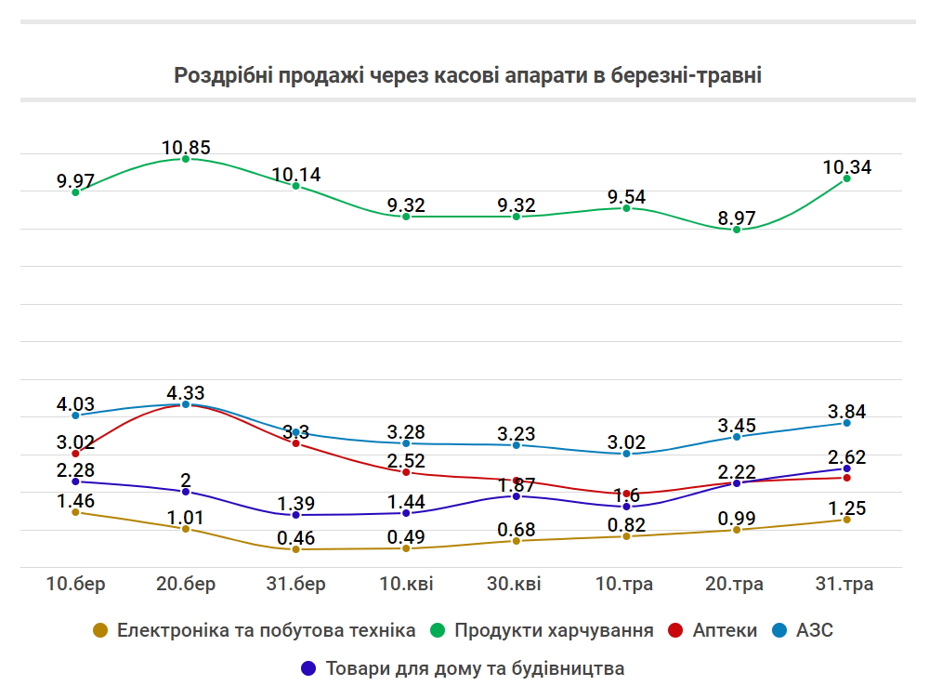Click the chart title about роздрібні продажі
pos(467,75)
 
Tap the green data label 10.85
pos(186,146)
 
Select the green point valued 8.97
pos(737,230)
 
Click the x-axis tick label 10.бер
pos(75,584)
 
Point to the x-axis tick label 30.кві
pos(516,584)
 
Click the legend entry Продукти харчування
pos(554,630)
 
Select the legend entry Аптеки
pos(725,630)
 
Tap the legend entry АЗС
pos(814,630)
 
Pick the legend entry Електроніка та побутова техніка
pos(266,630)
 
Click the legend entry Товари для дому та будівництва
pos(475,668)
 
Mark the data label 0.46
pos(296,537)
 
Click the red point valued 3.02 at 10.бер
pos(75,454)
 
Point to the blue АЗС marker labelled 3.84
pos(846,423)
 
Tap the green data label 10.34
pos(846,167)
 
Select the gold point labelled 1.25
pos(846,520)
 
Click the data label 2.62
pos(846,456)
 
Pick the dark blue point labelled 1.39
pos(296,515)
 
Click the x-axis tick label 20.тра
pos(737,584)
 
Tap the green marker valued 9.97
pos(75,192)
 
